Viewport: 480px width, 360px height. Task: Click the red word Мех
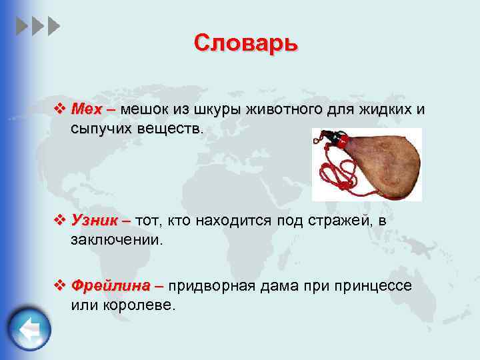(x=85, y=109)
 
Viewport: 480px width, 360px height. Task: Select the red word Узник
(x=94, y=221)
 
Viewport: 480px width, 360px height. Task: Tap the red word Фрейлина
(x=111, y=286)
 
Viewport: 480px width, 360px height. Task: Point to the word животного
(x=284, y=109)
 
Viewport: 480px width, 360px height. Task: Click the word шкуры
(x=217, y=109)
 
